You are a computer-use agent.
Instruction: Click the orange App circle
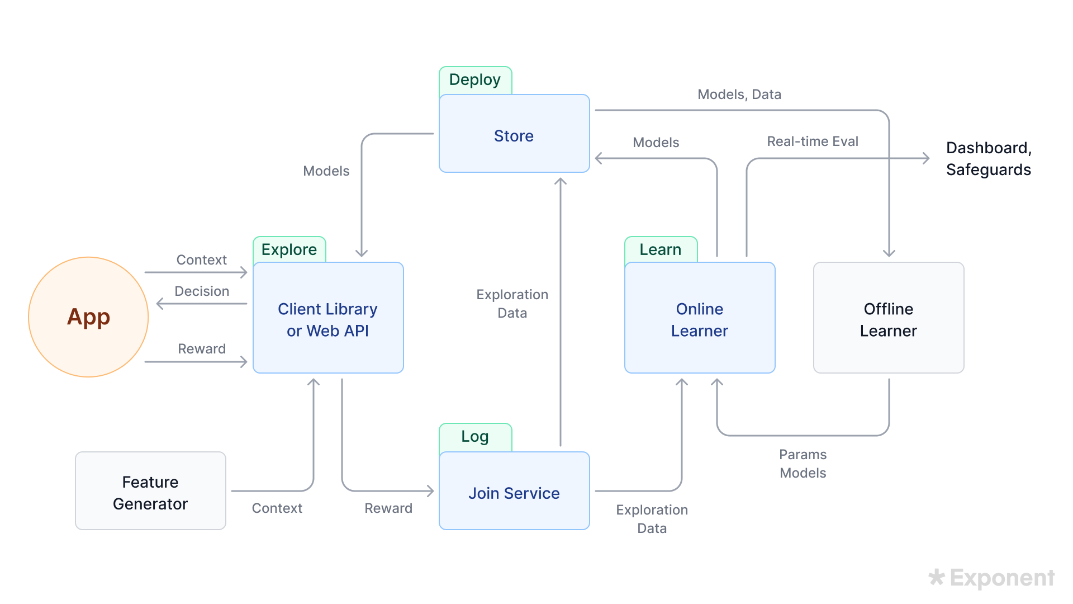pos(88,317)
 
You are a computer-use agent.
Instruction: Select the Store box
pos(514,134)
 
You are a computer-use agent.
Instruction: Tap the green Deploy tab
pos(475,80)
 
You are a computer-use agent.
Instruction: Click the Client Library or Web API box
pos(328,319)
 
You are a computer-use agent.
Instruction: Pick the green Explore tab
pos(289,249)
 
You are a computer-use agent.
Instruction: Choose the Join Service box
pos(514,492)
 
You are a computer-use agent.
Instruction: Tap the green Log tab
pos(475,437)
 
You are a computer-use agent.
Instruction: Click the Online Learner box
pos(700,319)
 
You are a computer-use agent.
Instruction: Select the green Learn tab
pos(661,249)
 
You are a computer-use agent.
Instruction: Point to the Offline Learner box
pos(889,319)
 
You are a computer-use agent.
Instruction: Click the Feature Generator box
pos(150,492)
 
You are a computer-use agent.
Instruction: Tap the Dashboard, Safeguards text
pos(988,159)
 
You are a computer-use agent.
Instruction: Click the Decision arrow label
pos(202,291)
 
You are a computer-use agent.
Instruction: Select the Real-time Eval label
pos(813,141)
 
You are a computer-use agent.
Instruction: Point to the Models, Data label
pos(739,95)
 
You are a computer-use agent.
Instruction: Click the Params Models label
pos(803,464)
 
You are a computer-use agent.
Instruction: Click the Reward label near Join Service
pos(388,508)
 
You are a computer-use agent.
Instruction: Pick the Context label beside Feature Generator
pos(277,508)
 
